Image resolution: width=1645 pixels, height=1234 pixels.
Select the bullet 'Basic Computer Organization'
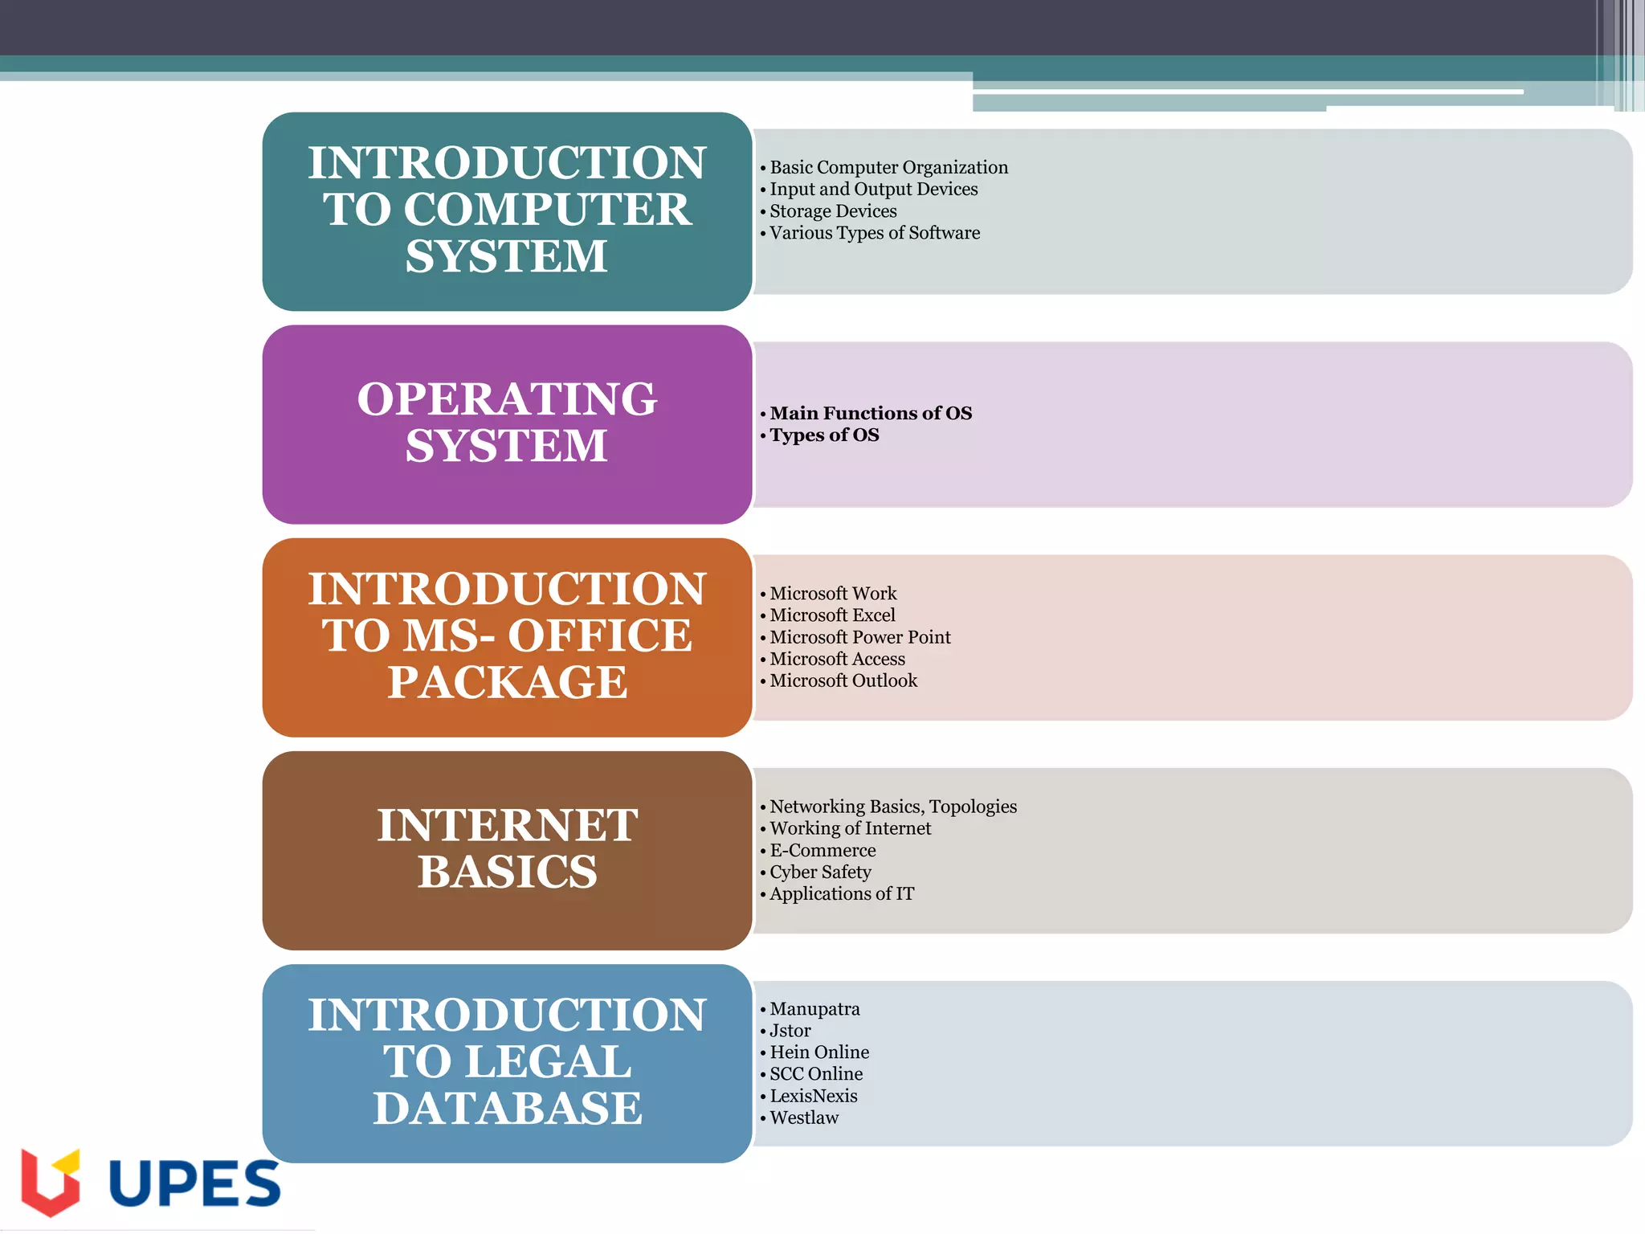(888, 167)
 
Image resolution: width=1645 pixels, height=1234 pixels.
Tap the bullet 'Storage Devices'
(833, 211)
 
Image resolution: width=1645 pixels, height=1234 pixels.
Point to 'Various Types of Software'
(874, 233)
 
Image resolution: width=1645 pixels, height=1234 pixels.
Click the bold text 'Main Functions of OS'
(870, 413)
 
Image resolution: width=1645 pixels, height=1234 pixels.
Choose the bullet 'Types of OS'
(824, 435)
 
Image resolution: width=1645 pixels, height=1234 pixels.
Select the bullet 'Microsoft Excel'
(832, 615)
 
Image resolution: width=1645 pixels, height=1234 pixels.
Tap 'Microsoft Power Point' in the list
(859, 637)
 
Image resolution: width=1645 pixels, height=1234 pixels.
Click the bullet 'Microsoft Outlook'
(843, 680)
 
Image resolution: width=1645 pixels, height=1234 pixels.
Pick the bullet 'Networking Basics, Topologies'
(892, 807)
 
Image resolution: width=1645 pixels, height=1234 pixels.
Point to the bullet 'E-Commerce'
(822, 850)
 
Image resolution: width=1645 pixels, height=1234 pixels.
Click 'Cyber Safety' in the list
(820, 872)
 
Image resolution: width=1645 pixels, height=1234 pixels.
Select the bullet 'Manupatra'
(814, 1009)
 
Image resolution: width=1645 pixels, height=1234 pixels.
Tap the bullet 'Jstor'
(790, 1031)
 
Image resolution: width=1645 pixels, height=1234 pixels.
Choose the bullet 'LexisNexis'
(813, 1096)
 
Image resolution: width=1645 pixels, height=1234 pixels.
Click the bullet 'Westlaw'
(803, 1118)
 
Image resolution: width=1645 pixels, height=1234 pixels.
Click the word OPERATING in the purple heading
(507, 399)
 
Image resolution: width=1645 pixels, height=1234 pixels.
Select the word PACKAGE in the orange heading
(507, 682)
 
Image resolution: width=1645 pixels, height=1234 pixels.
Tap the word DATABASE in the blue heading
(507, 1109)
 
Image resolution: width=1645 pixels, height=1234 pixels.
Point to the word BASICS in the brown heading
(507, 872)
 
